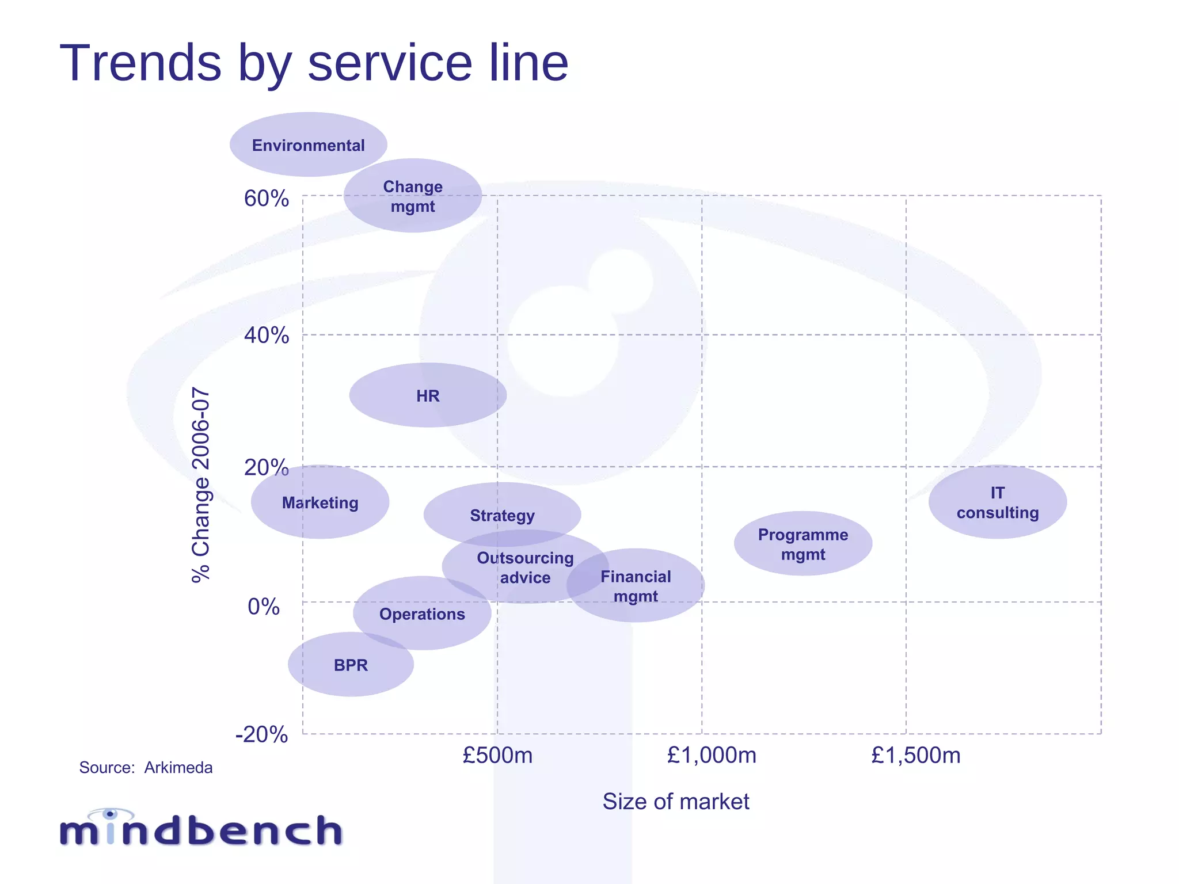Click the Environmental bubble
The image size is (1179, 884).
(309, 144)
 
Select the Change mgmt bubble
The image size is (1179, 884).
(413, 196)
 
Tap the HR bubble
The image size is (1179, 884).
(428, 395)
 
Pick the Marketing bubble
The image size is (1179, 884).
(320, 502)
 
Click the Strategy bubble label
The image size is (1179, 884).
(502, 515)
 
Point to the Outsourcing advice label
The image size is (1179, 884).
(525, 567)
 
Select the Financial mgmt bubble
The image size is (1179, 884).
(636, 586)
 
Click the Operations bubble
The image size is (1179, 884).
(422, 614)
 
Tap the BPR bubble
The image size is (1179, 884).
(351, 665)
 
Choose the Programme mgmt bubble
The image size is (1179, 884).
(803, 544)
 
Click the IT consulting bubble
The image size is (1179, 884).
(998, 502)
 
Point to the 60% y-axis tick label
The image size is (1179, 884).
(267, 199)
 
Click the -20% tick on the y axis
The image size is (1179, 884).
(262, 735)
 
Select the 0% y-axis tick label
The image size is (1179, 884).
(264, 607)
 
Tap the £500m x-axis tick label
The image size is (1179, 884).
(497, 755)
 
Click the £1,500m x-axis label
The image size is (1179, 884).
(916, 755)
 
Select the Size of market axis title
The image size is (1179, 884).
(676, 801)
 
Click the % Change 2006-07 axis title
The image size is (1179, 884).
(201, 485)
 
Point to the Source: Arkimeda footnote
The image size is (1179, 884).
(146, 768)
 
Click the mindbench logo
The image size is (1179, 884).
(201, 829)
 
